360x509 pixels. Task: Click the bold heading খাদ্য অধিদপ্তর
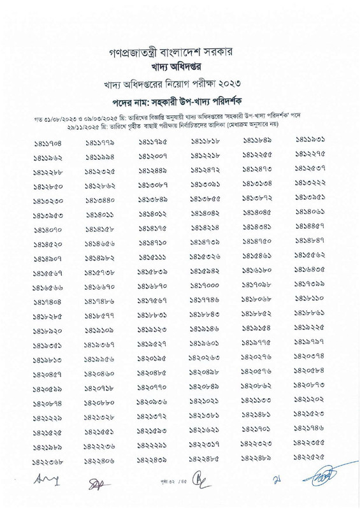(180, 66)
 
